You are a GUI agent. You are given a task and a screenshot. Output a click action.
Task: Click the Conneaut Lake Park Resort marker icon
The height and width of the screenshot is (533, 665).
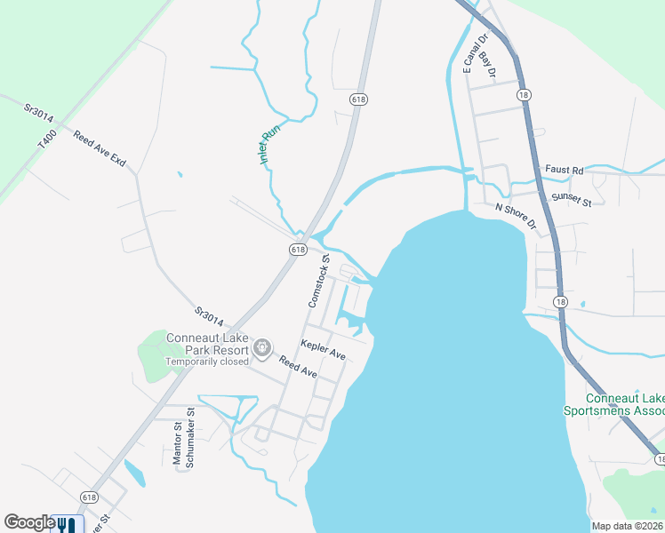[262, 348]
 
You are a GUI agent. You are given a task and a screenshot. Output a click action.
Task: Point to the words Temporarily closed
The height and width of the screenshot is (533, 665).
[207, 362]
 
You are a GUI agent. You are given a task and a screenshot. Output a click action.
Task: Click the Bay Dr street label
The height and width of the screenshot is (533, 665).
[485, 64]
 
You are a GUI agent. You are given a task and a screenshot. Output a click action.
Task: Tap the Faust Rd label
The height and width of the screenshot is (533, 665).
[564, 169]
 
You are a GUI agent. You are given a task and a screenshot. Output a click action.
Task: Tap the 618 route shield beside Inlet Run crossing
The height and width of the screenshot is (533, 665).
[298, 250]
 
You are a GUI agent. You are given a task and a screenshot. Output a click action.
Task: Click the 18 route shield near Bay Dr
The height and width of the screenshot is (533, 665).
[525, 93]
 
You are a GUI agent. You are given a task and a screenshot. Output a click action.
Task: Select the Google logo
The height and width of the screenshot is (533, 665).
[28, 523]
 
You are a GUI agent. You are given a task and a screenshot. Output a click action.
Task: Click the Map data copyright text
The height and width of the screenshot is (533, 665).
[627, 526]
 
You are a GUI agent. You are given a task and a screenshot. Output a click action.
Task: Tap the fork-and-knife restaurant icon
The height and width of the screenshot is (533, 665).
[67, 524]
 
